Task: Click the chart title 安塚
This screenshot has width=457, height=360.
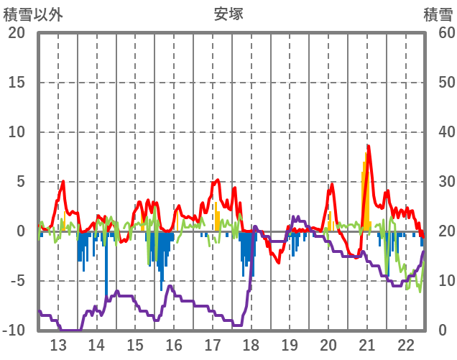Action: click(228, 14)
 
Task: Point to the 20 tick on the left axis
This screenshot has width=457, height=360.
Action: click(17, 33)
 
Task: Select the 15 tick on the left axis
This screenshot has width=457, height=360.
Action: click(17, 83)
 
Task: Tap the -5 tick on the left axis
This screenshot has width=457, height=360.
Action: click(17, 281)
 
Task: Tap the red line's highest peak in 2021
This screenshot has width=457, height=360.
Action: click(368, 146)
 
